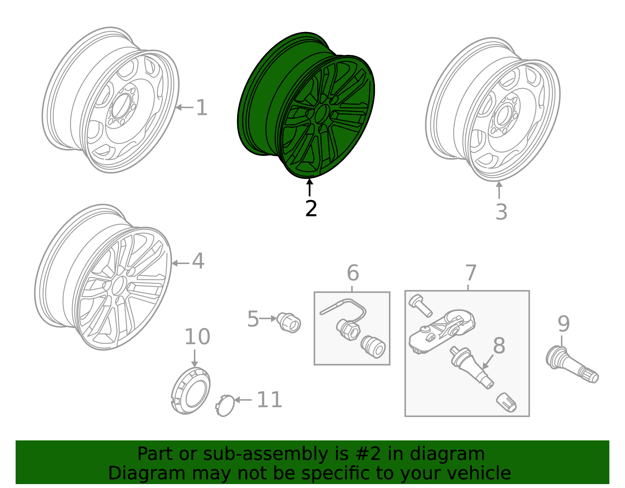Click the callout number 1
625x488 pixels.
click(201, 107)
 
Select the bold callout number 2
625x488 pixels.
click(311, 209)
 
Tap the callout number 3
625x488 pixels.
click(501, 212)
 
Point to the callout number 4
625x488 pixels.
click(198, 261)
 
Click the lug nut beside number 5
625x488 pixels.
click(289, 322)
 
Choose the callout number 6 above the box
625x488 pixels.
click(353, 273)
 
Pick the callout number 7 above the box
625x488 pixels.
click(471, 273)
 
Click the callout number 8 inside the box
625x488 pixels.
click(499, 346)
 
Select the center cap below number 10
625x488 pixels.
click(191, 391)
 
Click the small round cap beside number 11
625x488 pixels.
click(225, 406)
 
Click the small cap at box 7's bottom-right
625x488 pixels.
click(506, 402)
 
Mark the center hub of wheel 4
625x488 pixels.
click(118, 286)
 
